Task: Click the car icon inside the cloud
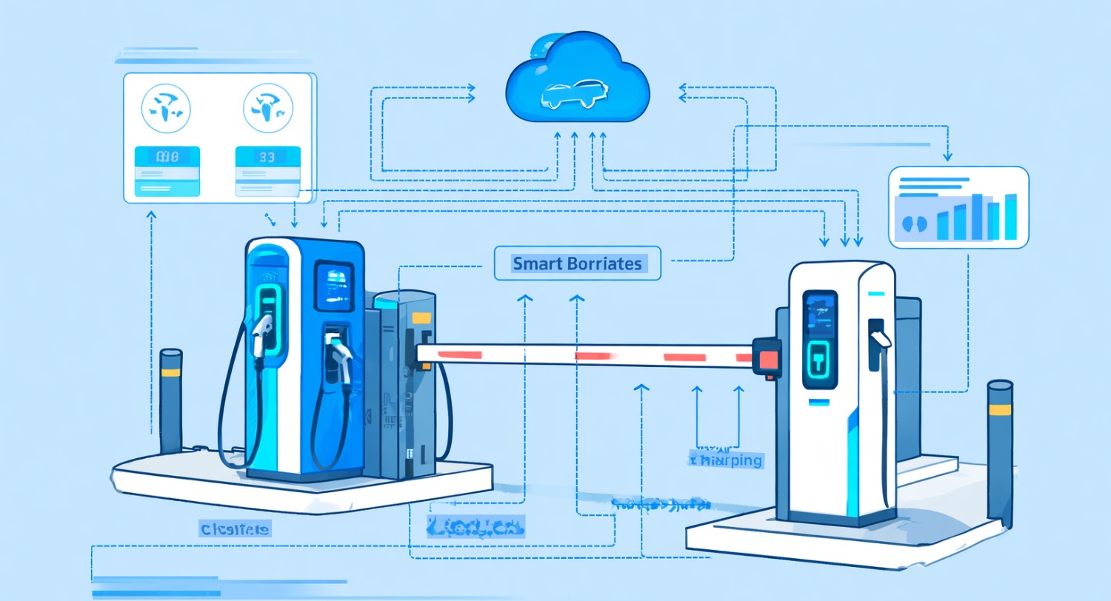(575, 94)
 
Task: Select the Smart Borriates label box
(577, 263)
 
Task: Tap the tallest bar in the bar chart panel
(978, 216)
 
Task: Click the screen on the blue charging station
(331, 285)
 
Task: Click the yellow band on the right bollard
(1000, 409)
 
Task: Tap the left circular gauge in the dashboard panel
(166, 107)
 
